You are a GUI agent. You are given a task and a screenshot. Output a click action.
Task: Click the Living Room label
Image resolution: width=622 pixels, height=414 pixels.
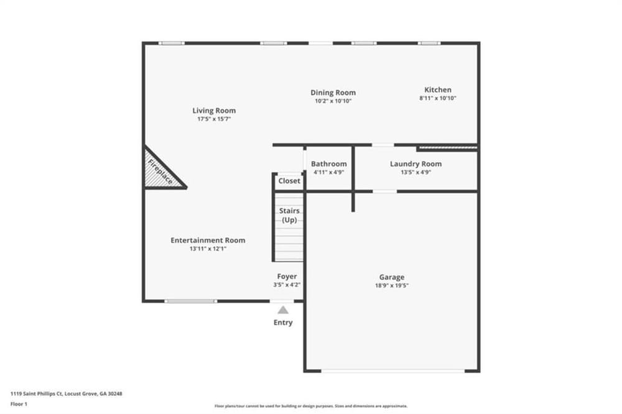[x=214, y=111]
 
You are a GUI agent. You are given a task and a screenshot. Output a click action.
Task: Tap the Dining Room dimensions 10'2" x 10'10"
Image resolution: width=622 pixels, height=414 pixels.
[x=333, y=101]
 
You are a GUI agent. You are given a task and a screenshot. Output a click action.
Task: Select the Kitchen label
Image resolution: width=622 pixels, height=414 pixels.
[x=438, y=90]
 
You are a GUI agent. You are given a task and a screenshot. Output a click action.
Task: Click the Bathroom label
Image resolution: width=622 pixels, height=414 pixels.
[x=329, y=163]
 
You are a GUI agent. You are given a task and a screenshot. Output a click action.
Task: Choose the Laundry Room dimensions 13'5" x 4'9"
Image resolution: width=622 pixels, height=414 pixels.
[x=415, y=173]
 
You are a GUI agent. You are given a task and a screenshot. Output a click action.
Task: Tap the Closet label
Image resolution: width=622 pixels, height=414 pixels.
[x=289, y=181]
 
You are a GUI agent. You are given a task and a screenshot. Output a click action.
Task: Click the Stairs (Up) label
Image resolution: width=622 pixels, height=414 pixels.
[x=290, y=215]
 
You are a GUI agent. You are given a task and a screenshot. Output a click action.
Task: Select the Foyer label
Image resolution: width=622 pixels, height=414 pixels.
[x=287, y=277]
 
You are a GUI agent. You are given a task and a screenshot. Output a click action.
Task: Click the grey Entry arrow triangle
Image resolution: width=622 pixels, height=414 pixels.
[x=283, y=310]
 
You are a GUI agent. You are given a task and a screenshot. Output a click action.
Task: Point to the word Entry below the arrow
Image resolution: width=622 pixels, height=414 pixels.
[x=283, y=323]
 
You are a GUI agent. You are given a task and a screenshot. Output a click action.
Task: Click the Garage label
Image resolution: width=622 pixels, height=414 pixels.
[x=392, y=277]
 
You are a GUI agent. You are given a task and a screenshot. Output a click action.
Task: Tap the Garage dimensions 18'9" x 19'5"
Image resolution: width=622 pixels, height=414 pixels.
[x=392, y=285]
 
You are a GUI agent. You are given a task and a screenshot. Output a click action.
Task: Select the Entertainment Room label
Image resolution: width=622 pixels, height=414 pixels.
[x=208, y=241]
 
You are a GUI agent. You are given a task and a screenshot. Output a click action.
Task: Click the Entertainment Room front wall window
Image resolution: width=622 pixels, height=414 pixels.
[x=191, y=301]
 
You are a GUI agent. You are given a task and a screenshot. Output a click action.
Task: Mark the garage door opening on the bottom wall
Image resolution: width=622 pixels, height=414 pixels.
[x=392, y=371]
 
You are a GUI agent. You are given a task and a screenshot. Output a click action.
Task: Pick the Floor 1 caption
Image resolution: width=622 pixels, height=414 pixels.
[x=19, y=404]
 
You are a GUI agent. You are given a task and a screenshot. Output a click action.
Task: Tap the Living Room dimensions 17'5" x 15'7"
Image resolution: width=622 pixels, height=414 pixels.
[x=214, y=119]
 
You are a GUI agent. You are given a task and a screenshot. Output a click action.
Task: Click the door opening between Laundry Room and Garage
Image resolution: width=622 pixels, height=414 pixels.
[x=385, y=191]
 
